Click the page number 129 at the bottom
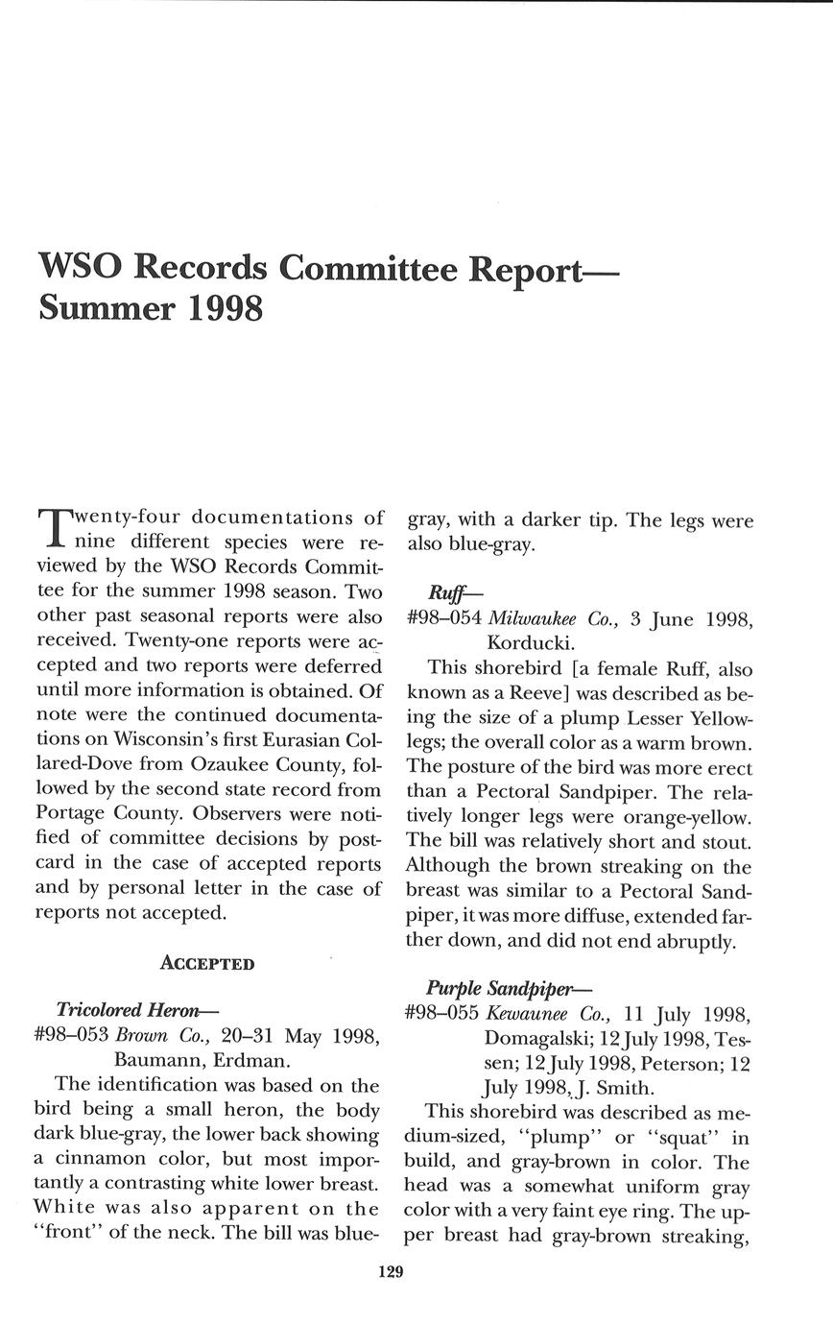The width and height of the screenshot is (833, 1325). tap(392, 1272)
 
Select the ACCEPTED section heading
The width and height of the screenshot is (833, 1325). tap(207, 963)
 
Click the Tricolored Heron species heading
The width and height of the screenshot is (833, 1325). tap(138, 1009)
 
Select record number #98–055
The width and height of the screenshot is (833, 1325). tap(443, 1014)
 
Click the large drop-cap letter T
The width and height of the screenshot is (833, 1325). tap(54, 525)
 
